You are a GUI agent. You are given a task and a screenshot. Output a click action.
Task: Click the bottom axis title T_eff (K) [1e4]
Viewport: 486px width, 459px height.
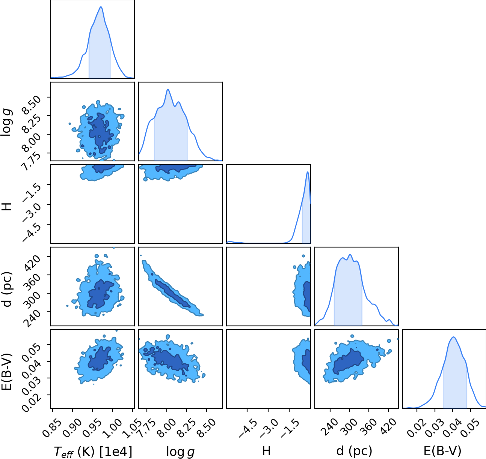click(x=93, y=452)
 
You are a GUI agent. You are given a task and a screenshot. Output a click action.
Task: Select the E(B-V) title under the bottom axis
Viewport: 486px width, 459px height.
click(x=442, y=451)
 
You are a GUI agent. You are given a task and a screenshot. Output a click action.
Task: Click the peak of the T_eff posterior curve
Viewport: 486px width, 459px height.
click(x=101, y=7)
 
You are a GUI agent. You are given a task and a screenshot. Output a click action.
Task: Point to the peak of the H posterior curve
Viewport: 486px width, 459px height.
click(x=308, y=172)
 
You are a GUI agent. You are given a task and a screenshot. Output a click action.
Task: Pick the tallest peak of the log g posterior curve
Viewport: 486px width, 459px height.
click(x=168, y=89)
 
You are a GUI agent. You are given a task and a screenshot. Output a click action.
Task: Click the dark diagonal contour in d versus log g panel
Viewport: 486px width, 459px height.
click(x=172, y=294)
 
